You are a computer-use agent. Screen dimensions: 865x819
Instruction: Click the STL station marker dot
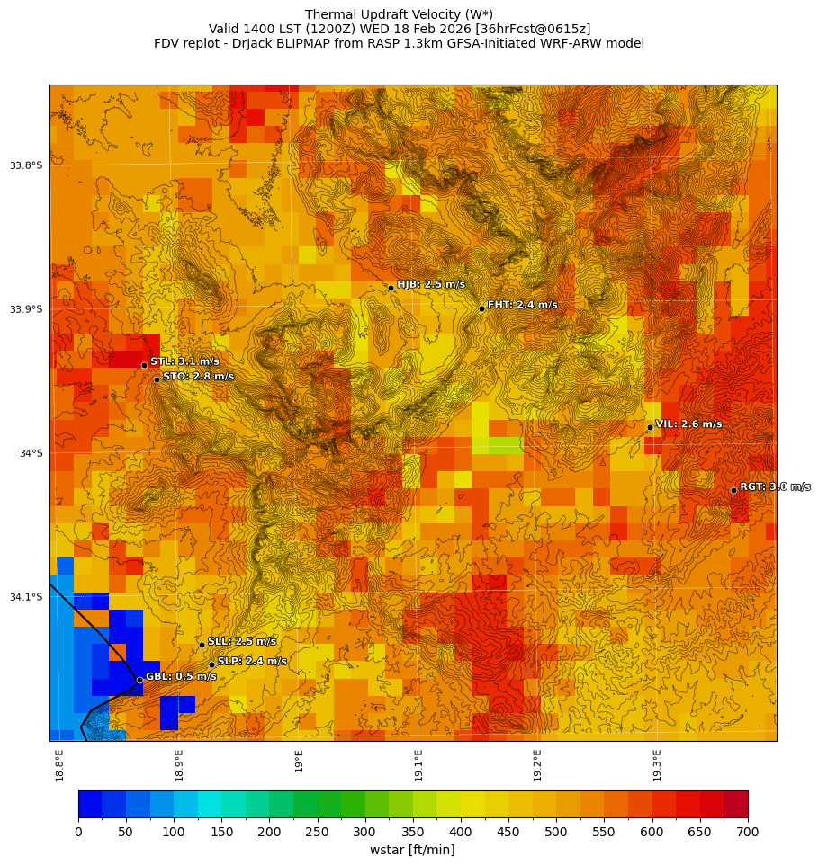pyautogui.click(x=144, y=365)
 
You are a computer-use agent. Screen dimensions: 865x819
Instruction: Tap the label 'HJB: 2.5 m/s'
pyautogui.click(x=431, y=285)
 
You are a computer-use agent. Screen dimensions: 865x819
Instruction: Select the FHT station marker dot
pyautogui.click(x=481, y=308)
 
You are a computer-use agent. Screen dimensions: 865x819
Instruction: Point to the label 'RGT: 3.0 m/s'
pyautogui.click(x=775, y=486)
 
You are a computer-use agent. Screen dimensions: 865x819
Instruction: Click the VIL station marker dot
pyautogui.click(x=650, y=427)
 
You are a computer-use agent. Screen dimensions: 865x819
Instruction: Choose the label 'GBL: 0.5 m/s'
pyautogui.click(x=181, y=676)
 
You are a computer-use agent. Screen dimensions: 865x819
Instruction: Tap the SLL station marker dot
pyautogui.click(x=202, y=645)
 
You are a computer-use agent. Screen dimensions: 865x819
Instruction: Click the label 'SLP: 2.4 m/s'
pyautogui.click(x=252, y=661)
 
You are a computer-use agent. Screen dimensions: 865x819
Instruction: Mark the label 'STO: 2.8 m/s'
pyautogui.click(x=198, y=377)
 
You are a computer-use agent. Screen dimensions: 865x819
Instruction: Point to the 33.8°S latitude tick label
pyautogui.click(x=26, y=165)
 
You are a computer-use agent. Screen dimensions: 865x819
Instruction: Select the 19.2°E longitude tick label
pyautogui.click(x=537, y=764)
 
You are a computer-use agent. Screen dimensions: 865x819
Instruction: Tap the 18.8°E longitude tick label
pyautogui.click(x=60, y=764)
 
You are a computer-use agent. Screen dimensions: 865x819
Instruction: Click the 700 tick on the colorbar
pyautogui.click(x=747, y=832)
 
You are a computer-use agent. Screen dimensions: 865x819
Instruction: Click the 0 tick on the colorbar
pyautogui.click(x=78, y=832)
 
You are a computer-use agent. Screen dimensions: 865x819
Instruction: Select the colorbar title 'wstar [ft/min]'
pyautogui.click(x=412, y=850)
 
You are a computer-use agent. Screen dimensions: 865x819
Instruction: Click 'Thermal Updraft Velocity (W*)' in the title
pyautogui.click(x=399, y=14)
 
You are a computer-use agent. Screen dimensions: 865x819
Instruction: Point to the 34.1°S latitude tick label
pyautogui.click(x=26, y=597)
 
